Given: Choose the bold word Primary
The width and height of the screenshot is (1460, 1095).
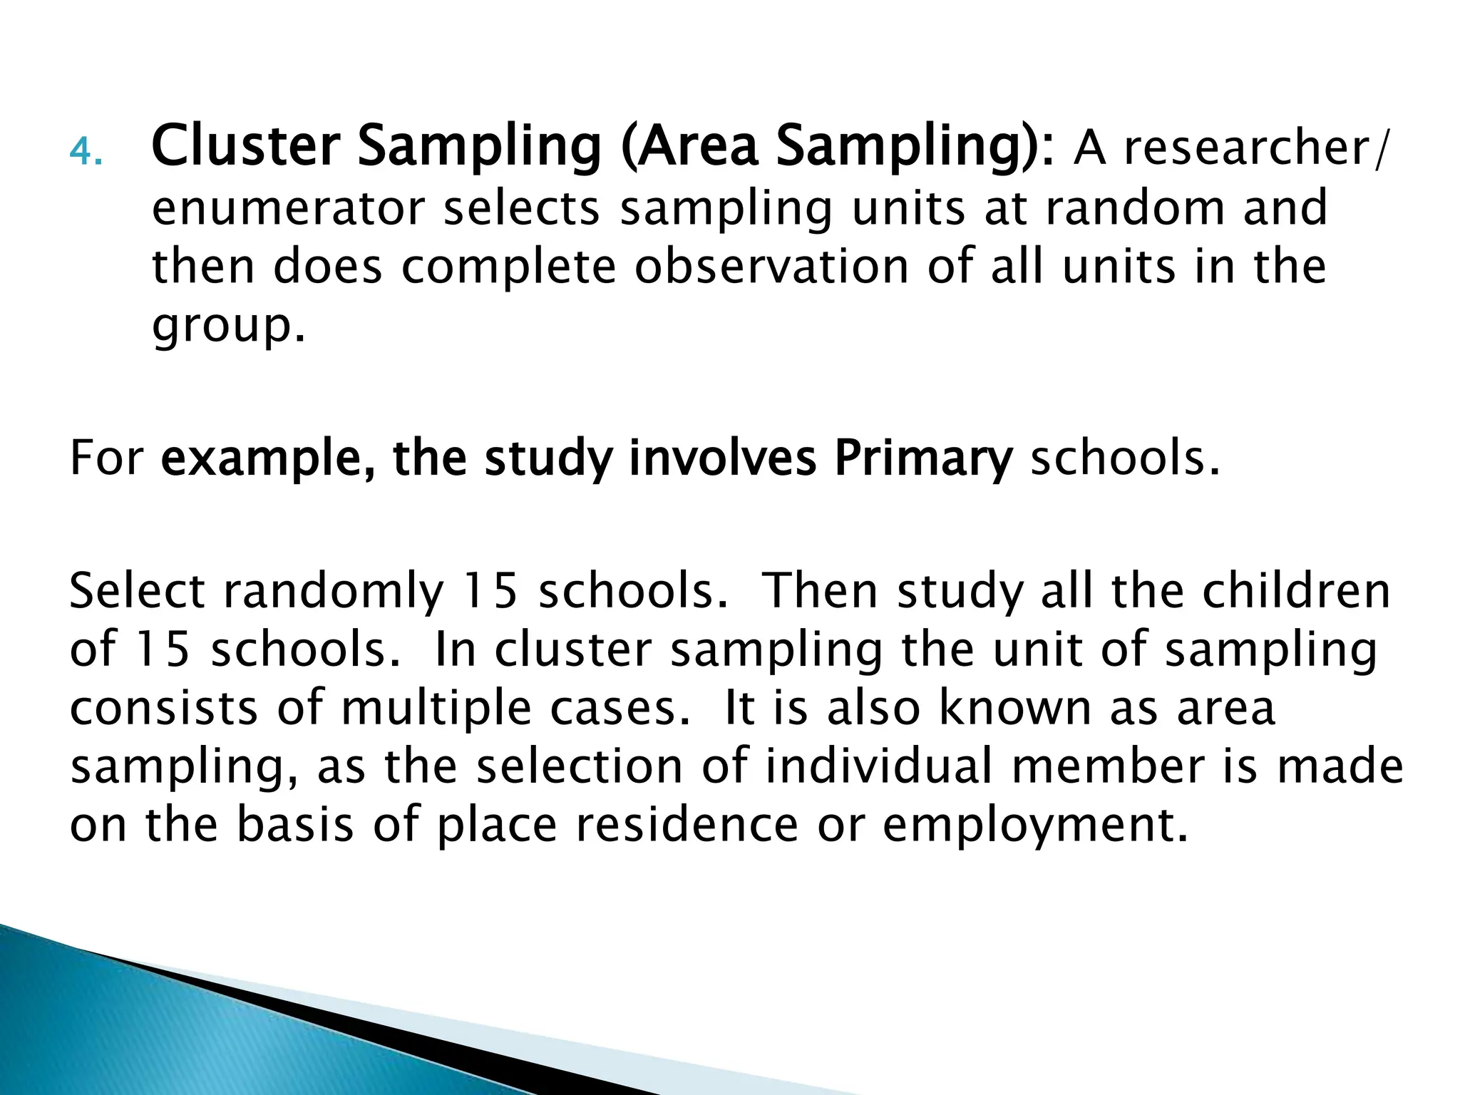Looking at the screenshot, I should [x=923, y=459].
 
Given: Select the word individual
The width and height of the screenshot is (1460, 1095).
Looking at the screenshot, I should [x=880, y=766].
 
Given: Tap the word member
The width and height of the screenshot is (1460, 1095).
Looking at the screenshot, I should [x=1107, y=766].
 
